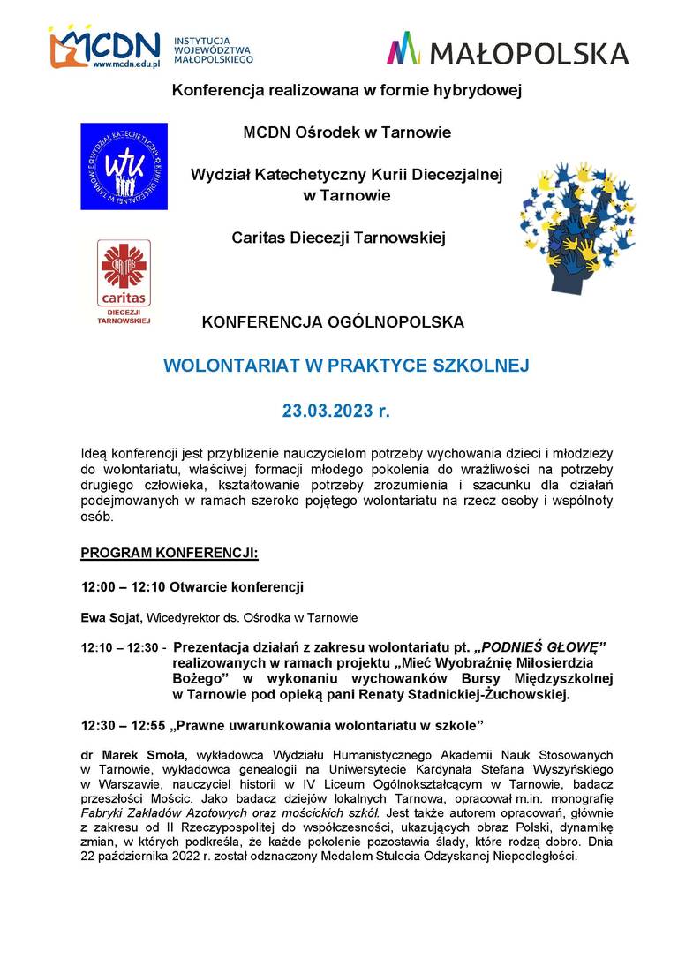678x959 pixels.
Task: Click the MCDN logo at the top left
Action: (x=104, y=49)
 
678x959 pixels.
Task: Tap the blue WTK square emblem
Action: (x=124, y=166)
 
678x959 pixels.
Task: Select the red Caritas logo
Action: (x=124, y=274)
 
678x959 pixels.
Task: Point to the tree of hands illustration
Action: (x=577, y=225)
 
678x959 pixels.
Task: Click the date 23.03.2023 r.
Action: (x=335, y=411)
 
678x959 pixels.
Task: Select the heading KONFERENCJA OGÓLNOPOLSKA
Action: (x=333, y=322)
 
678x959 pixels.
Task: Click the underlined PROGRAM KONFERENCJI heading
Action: (x=169, y=554)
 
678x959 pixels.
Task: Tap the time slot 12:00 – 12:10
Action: (x=117, y=586)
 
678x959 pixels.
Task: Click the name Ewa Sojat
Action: (x=111, y=617)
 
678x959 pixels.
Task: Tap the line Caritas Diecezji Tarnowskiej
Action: (x=339, y=237)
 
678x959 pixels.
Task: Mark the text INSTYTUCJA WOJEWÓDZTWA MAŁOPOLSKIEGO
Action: (x=214, y=50)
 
